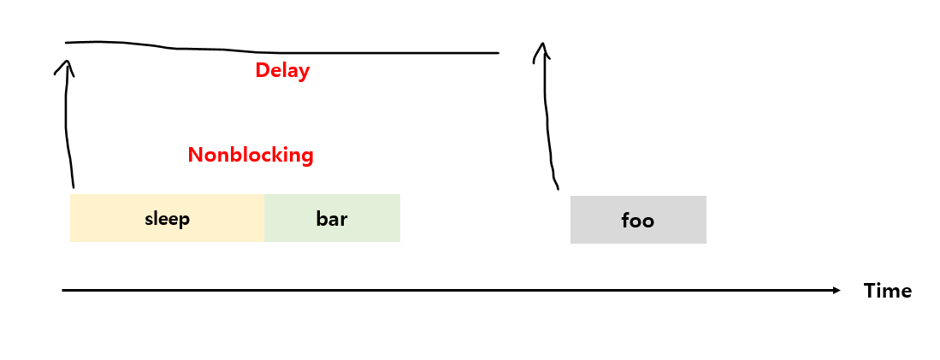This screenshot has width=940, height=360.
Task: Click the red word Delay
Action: pyautogui.click(x=282, y=70)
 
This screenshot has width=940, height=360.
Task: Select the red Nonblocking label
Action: pyautogui.click(x=251, y=156)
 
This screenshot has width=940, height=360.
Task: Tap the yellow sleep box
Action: pyautogui.click(x=167, y=219)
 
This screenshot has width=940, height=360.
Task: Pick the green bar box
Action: pyautogui.click(x=332, y=219)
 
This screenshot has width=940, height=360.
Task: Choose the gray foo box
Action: pyautogui.click(x=638, y=221)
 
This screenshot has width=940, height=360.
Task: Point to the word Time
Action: pyautogui.click(x=888, y=291)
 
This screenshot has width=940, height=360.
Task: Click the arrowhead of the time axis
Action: pyautogui.click(x=837, y=291)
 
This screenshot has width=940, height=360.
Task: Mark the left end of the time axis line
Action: pyautogui.click(x=63, y=291)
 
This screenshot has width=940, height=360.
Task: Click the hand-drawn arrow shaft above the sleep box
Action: pyautogui.click(x=67, y=128)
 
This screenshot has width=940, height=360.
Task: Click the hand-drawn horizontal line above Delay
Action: pyautogui.click(x=257, y=50)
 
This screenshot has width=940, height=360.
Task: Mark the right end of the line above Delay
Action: pyautogui.click(x=498, y=53)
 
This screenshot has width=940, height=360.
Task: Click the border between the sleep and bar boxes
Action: pyautogui.click(x=264, y=219)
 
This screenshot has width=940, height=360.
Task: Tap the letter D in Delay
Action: pyautogui.click(x=261, y=70)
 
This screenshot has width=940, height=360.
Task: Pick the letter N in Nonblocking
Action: pyautogui.click(x=194, y=156)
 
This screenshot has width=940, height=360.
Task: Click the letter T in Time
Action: pyautogui.click(x=869, y=291)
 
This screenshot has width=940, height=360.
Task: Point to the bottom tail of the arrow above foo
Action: pyautogui.click(x=558, y=187)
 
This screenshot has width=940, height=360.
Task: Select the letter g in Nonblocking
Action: pyautogui.click(x=307, y=157)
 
